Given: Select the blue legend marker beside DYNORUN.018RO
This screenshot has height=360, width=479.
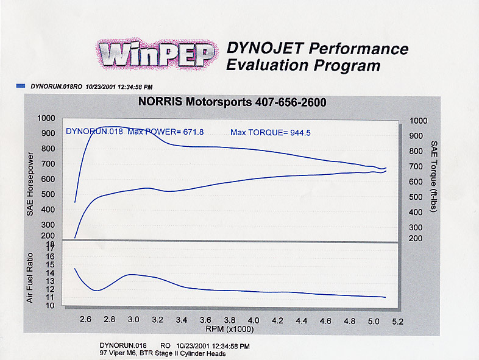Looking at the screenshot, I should pyautogui.click(x=21, y=87).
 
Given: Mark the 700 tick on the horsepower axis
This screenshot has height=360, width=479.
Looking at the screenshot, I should pyautogui.click(x=46, y=164).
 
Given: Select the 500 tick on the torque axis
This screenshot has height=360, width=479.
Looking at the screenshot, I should pyautogui.click(x=416, y=197).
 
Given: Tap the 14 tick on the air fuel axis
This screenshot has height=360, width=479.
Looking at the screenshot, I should pyautogui.click(x=50, y=273).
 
